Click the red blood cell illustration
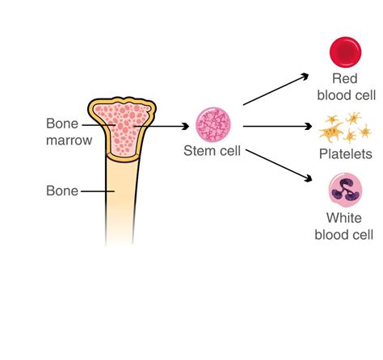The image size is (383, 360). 346,51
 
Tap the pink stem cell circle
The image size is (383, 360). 213,124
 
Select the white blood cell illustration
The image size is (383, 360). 346,190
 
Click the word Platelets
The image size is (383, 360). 345,153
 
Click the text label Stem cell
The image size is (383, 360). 213,150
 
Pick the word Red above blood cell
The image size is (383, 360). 345,77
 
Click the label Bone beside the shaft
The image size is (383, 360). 62,191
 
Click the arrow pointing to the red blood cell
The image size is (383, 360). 275,90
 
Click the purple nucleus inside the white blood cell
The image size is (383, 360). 347,192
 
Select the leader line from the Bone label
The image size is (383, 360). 95,192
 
